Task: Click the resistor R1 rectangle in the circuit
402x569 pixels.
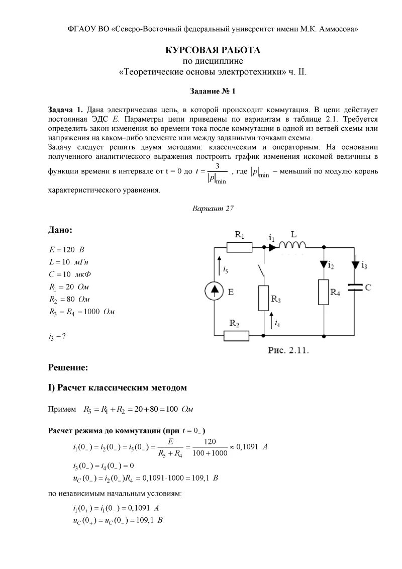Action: click(x=240, y=247)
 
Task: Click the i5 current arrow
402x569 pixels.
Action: click(x=219, y=264)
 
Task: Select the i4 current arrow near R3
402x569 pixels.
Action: click(x=272, y=320)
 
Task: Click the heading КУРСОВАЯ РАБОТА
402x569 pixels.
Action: click(x=213, y=50)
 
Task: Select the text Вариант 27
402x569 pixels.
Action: click(x=213, y=208)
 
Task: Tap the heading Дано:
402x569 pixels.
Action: click(x=60, y=230)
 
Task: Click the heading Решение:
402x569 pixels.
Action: click(x=68, y=367)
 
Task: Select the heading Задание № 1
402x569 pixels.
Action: click(x=213, y=91)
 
